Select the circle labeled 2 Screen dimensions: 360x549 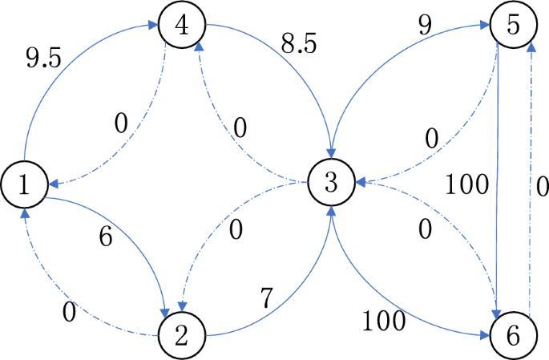tap(181, 333)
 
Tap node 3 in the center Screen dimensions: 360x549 tap(330, 184)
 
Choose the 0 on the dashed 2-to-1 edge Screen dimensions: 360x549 tap(71, 312)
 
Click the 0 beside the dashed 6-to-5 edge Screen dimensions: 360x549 tap(541, 187)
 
